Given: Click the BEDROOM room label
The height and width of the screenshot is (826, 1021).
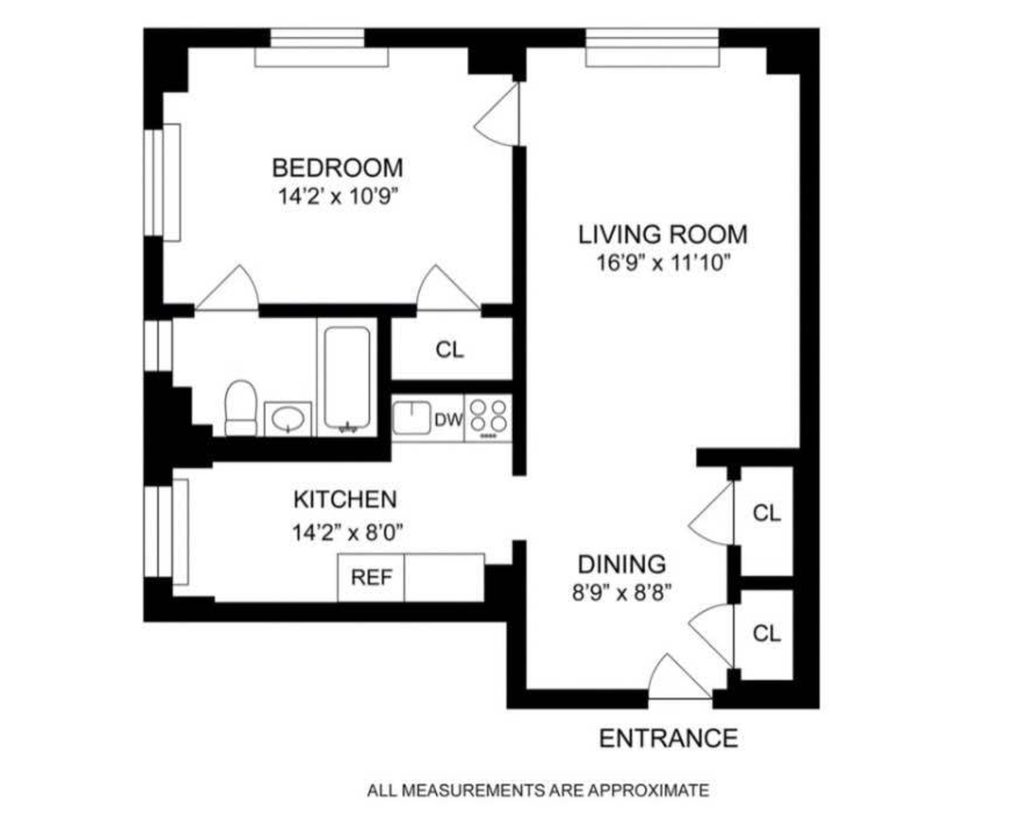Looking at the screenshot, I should pyautogui.click(x=337, y=168).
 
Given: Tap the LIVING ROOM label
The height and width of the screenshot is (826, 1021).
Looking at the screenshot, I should pyautogui.click(x=663, y=235).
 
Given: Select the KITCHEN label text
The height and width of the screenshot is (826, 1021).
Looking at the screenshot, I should pyautogui.click(x=345, y=500).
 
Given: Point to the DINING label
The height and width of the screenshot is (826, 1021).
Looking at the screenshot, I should pyautogui.click(x=621, y=564).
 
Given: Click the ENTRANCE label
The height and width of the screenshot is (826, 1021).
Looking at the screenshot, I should pyautogui.click(x=668, y=738).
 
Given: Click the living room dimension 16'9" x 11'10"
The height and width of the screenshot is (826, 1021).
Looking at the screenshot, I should pyautogui.click(x=663, y=263).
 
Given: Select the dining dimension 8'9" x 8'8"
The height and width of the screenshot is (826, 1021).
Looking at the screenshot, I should pyautogui.click(x=621, y=593).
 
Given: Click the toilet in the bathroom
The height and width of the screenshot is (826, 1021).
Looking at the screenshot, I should pyautogui.click(x=240, y=408).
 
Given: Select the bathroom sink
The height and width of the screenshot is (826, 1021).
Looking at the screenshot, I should pyautogui.click(x=288, y=419).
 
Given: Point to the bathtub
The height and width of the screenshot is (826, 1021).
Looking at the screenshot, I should pyautogui.click(x=347, y=377).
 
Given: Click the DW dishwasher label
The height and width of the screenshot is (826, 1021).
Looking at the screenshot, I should pyautogui.click(x=448, y=420).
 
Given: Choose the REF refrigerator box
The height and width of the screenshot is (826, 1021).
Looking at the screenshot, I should pyautogui.click(x=371, y=577).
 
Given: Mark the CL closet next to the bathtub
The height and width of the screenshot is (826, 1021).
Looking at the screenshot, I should pyautogui.click(x=449, y=350).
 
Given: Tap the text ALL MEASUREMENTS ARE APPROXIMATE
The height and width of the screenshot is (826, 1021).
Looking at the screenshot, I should pyautogui.click(x=537, y=790).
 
